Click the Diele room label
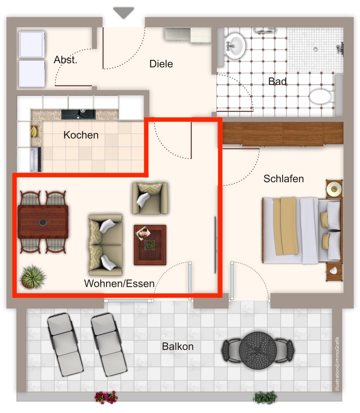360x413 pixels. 161,64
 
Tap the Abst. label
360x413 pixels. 65,60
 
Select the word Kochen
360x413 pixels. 81,135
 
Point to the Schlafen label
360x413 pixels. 284,179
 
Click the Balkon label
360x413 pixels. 178,346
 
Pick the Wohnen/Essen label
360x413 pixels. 119,284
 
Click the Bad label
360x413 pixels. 277,81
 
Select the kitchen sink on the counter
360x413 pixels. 79,114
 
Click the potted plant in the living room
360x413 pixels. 32,277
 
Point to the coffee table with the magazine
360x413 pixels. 150,245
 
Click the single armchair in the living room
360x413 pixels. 150,198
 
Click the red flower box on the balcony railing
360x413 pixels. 106,397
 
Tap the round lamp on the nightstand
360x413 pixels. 334,189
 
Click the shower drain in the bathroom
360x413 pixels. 315,49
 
